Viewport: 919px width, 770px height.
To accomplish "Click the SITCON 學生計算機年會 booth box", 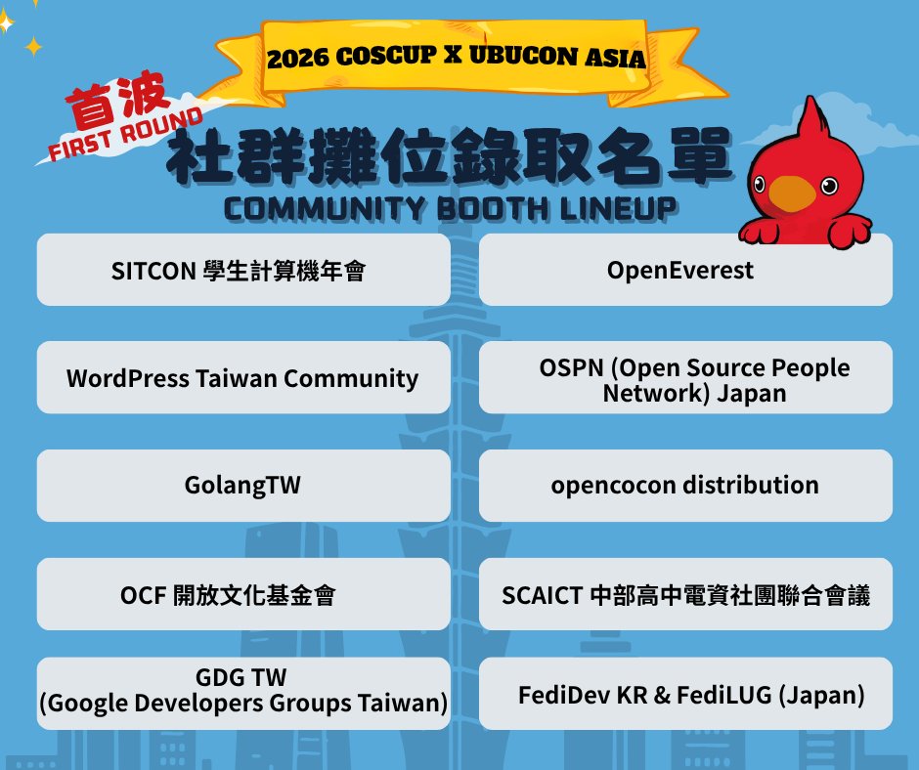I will click(243, 270).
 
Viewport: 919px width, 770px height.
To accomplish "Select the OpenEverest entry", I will click(685, 270).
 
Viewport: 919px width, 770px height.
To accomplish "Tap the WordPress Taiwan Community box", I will click(243, 378).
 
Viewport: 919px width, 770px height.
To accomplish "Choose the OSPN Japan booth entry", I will click(685, 379).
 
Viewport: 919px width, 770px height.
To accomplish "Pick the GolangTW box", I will click(243, 486).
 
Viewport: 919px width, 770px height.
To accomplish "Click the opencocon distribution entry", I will click(685, 486).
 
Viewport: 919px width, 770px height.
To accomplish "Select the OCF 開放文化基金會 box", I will click(243, 594).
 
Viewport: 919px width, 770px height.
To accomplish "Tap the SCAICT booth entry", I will click(685, 594).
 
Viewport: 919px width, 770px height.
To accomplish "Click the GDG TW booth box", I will click(243, 692).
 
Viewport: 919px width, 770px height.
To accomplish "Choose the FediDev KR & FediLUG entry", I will click(685, 695).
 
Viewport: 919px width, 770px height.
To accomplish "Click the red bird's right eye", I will click(828, 185).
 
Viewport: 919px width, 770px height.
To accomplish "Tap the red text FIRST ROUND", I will click(124, 138).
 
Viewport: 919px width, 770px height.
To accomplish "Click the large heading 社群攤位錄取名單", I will click(449, 159).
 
